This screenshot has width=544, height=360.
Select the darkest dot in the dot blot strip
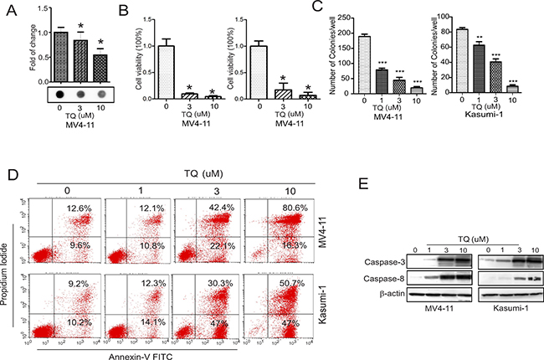[x=60, y=94]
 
